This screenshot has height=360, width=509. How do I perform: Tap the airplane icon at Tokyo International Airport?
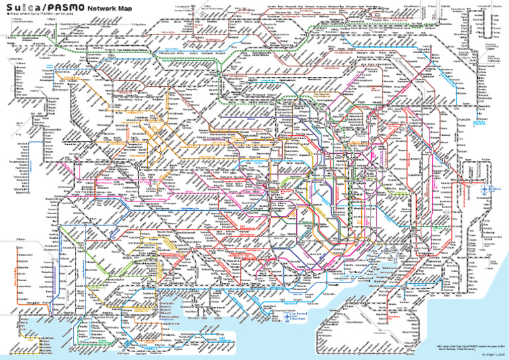[286, 317]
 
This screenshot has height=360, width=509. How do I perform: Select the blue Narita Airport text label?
[497, 190]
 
